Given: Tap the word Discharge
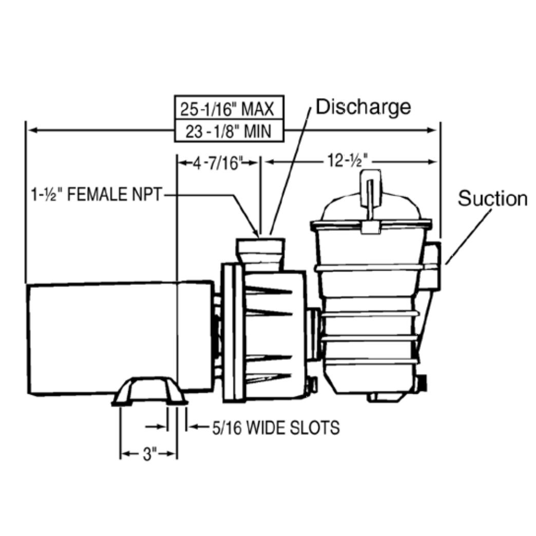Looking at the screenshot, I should [x=363, y=107].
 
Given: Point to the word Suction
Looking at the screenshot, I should [x=492, y=199].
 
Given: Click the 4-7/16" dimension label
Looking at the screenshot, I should [x=217, y=163].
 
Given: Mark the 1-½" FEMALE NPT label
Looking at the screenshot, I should [x=96, y=195].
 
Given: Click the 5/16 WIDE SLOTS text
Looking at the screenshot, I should [x=276, y=427].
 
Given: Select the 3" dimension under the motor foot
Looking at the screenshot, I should [x=149, y=454].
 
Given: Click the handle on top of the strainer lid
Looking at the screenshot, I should [x=370, y=185].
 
